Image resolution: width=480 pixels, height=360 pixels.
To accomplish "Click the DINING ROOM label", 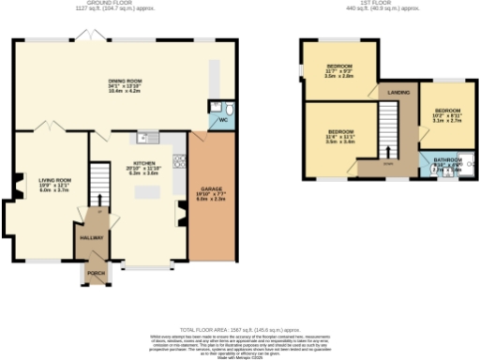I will coord(126,81).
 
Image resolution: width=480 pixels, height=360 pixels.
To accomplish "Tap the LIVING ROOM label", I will coord(54,178).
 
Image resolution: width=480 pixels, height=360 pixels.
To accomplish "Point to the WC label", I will coord(222,120).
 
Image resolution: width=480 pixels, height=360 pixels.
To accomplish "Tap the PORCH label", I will coord(95,275).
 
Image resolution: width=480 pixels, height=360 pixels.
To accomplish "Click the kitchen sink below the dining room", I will coord(142,139).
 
